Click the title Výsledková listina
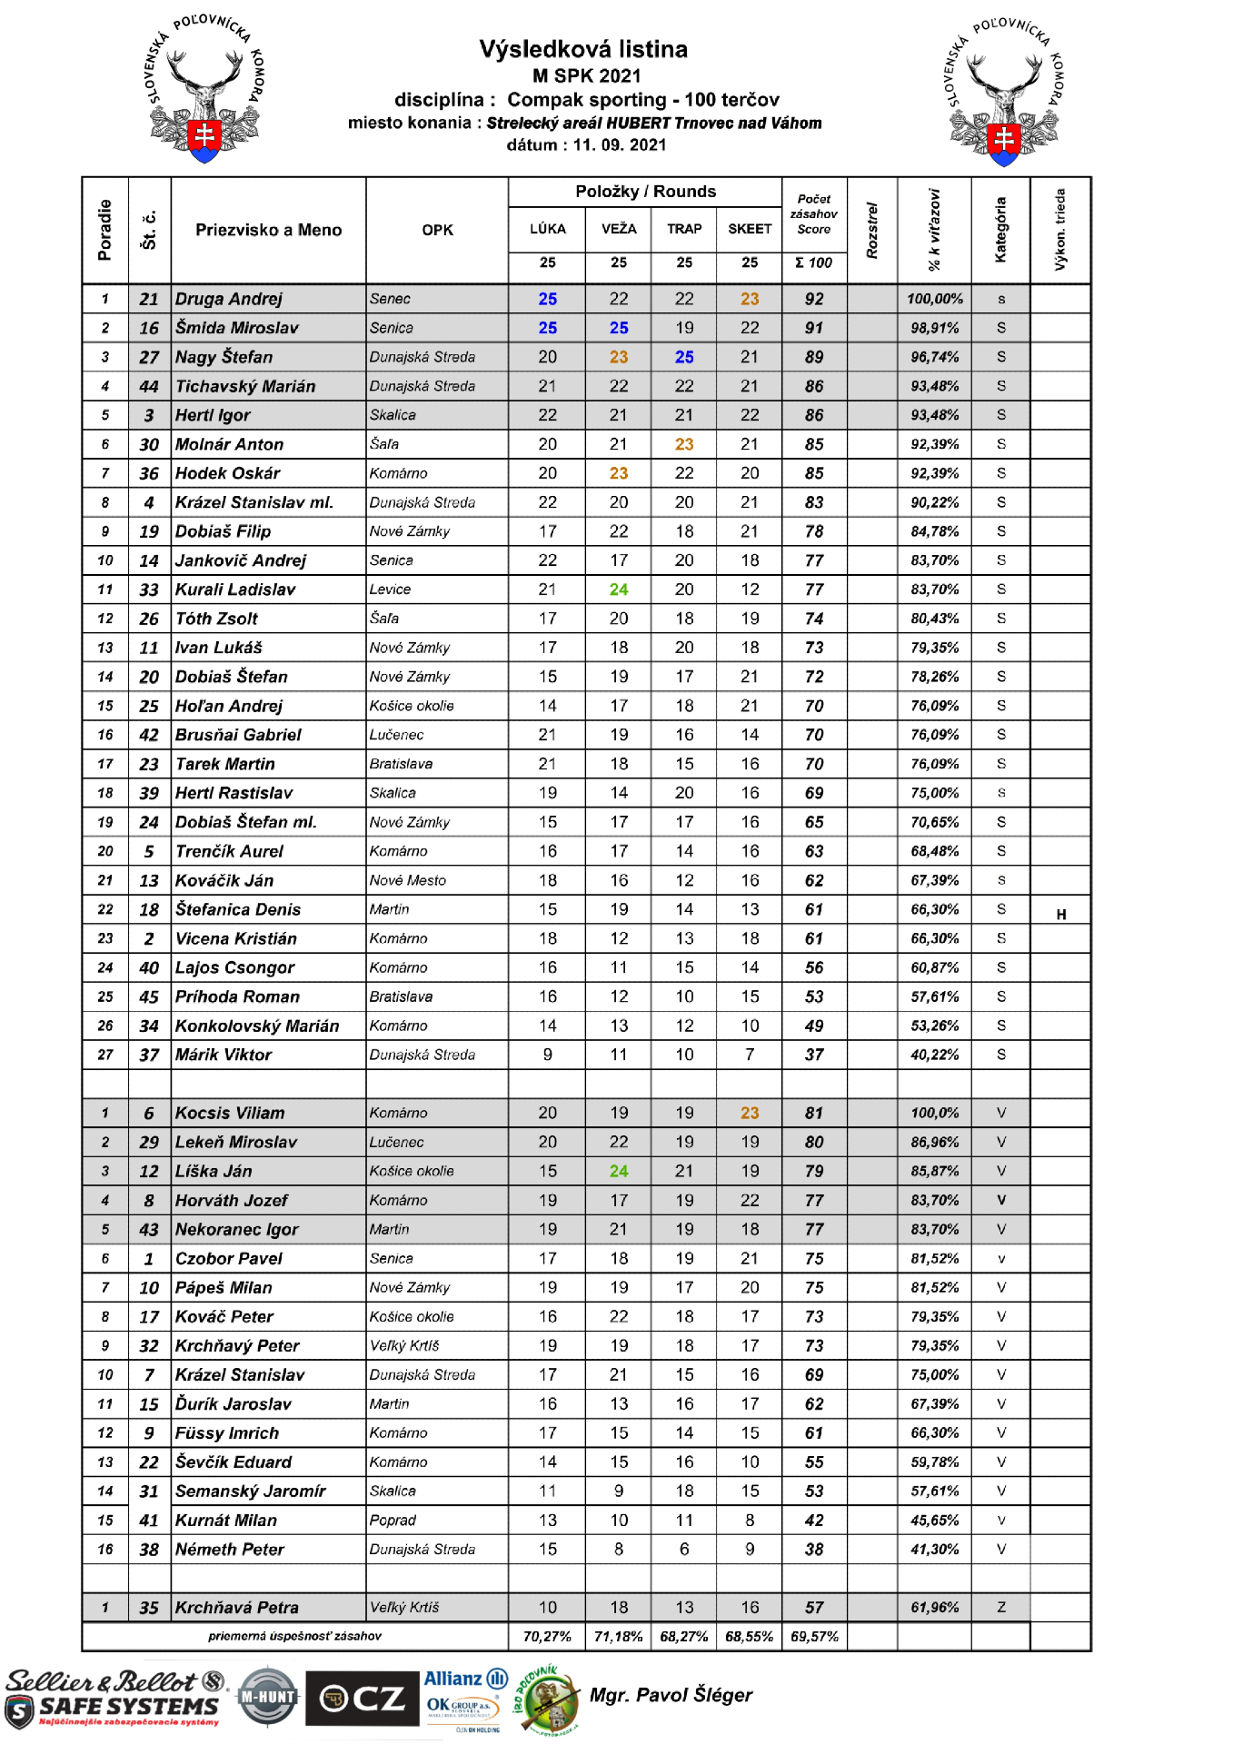point(583,49)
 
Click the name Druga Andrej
point(229,299)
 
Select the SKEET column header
point(750,229)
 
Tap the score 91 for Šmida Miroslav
point(814,328)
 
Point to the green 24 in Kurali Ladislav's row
point(619,590)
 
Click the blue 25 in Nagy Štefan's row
point(684,357)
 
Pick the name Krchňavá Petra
point(237,1608)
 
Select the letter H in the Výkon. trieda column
point(1060,915)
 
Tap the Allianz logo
point(465,1679)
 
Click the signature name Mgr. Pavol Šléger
point(671,1695)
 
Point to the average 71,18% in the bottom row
point(619,1637)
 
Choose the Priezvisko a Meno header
point(269,230)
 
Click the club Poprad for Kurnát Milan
point(393,1521)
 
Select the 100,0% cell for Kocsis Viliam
point(934,1113)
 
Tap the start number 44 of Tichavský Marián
point(149,386)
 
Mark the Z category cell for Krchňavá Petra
point(1000,1608)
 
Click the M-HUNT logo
point(267,1696)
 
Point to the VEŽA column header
point(619,229)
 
